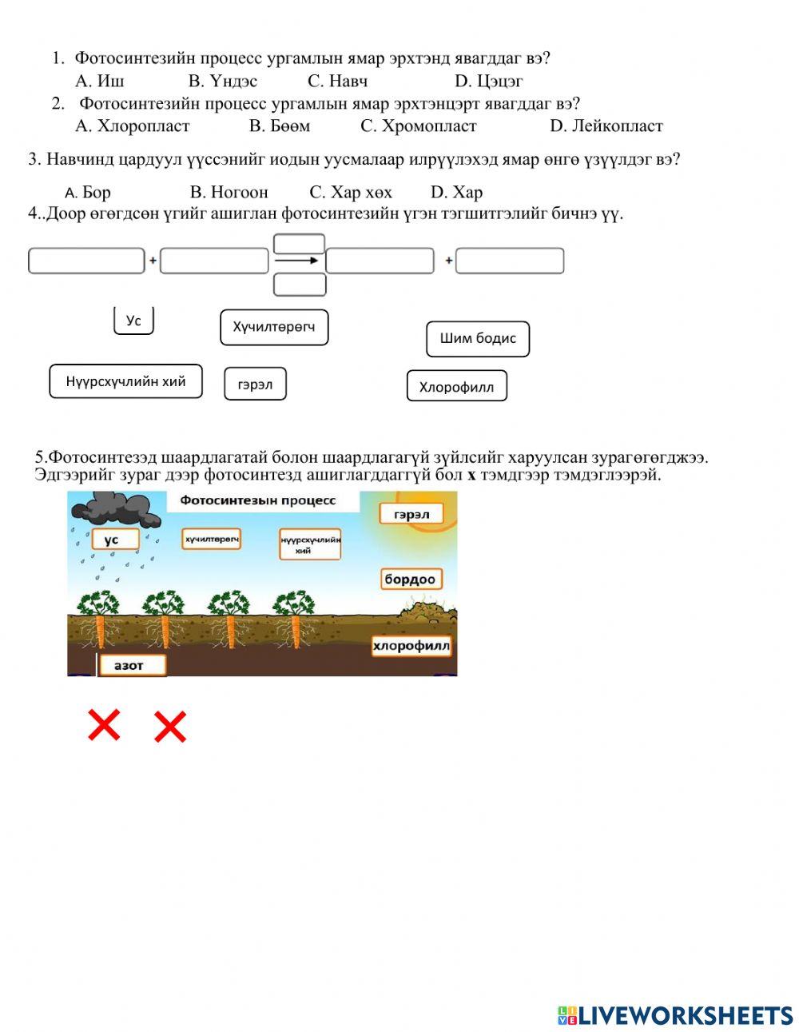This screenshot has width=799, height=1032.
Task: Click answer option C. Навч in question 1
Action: [x=337, y=81]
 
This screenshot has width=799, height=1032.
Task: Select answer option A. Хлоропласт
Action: [x=133, y=126]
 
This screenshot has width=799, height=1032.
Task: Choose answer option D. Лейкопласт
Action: [x=606, y=126]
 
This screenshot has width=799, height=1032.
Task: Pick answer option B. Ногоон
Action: [x=229, y=193]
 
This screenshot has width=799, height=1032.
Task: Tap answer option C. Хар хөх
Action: [x=351, y=193]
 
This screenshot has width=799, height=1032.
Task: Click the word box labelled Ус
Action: [x=133, y=321]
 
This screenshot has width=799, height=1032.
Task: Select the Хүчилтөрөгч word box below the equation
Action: [x=274, y=327]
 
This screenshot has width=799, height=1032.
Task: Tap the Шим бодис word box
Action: [x=478, y=338]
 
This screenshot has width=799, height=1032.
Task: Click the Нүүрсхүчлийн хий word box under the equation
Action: [x=125, y=381]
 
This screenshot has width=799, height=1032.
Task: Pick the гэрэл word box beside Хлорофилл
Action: [x=255, y=385]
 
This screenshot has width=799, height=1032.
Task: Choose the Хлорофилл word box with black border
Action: [x=457, y=387]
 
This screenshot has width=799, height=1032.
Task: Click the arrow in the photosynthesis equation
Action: [x=297, y=261]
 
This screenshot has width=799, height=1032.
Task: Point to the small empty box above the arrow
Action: [x=299, y=243]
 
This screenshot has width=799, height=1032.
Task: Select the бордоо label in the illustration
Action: [x=410, y=579]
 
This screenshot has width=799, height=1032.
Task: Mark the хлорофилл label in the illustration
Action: [x=411, y=646]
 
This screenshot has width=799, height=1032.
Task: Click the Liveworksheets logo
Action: [x=674, y=1015]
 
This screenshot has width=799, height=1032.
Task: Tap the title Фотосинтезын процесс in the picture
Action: [x=258, y=501]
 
